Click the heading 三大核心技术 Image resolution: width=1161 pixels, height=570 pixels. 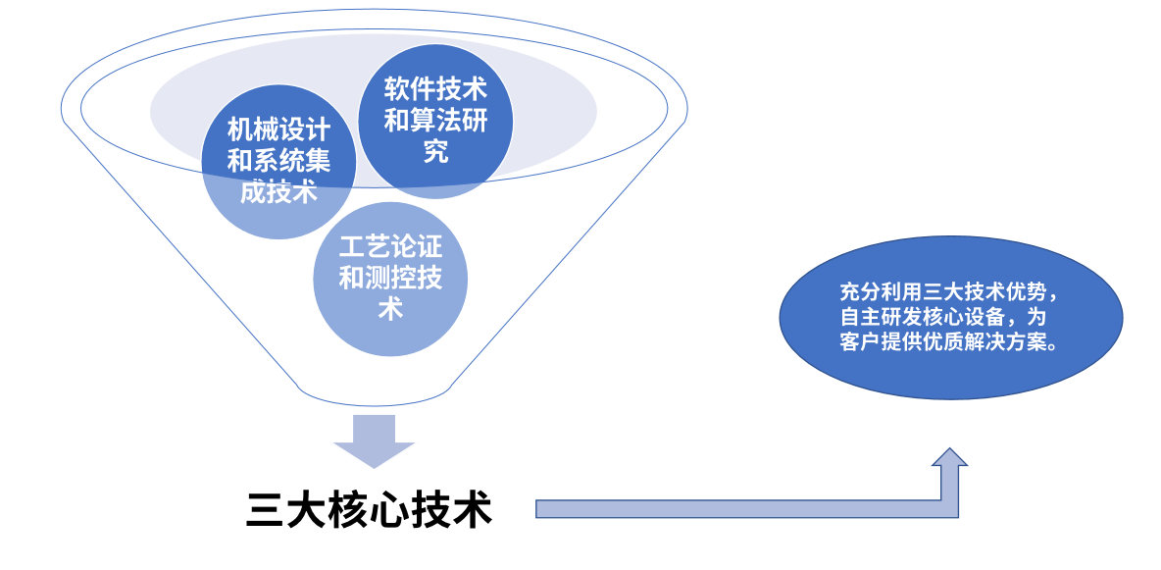(x=369, y=510)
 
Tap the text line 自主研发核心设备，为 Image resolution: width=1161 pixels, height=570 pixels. (x=949, y=317)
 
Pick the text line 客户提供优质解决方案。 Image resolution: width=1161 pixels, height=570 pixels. (x=949, y=341)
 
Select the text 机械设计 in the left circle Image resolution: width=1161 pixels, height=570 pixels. (x=278, y=130)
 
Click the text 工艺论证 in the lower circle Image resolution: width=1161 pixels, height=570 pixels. (x=390, y=247)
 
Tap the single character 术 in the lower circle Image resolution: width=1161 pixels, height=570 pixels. (x=390, y=310)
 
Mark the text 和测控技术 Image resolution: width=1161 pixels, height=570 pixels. (x=390, y=279)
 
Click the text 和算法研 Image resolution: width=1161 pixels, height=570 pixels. (x=435, y=122)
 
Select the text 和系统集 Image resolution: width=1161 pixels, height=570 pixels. (x=278, y=160)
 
